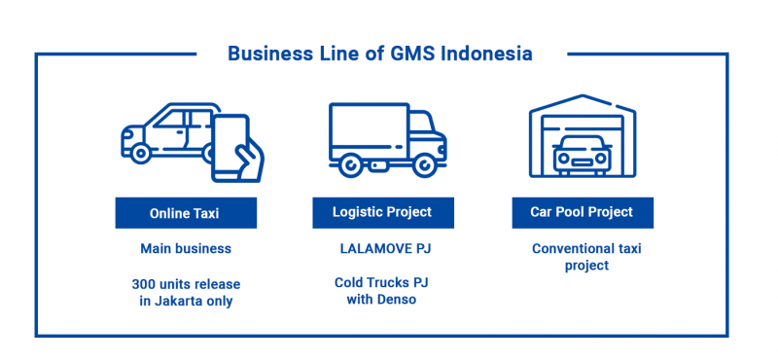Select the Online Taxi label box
point(186,212)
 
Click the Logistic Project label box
point(382,212)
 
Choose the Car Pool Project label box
point(582,212)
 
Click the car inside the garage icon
point(582,156)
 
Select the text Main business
point(186,249)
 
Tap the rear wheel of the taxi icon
point(141,153)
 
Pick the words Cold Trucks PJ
point(382,283)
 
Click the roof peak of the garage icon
point(582,98)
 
